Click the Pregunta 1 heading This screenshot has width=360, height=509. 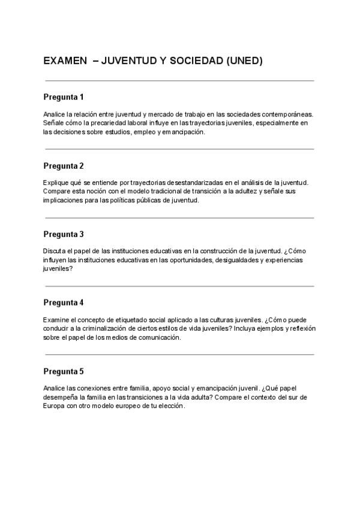pos(64,97)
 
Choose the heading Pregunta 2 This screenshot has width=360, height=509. pos(64,166)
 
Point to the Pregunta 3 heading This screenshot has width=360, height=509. pos(64,234)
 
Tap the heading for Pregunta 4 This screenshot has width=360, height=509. pos(64,303)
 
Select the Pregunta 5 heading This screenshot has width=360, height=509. pos(64,372)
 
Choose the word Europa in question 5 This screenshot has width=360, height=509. pos(53,406)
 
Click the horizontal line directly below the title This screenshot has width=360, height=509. pos(179,80)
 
